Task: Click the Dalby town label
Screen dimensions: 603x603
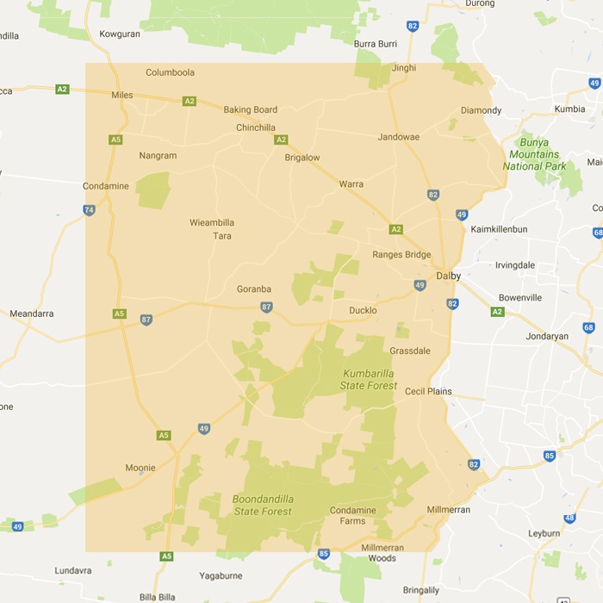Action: pyautogui.click(x=448, y=276)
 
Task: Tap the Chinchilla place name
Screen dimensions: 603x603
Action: pyautogui.click(x=255, y=127)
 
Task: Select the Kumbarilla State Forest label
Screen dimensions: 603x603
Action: pyautogui.click(x=369, y=379)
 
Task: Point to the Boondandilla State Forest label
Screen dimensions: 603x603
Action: pyautogui.click(x=263, y=505)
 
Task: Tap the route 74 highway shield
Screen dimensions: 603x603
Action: pyautogui.click(x=89, y=209)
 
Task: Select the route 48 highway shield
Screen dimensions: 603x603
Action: pyautogui.click(x=569, y=518)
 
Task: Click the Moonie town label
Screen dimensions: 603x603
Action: pyautogui.click(x=140, y=468)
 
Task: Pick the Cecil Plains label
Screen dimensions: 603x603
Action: pyautogui.click(x=428, y=390)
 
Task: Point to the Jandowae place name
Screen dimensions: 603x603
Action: pyautogui.click(x=398, y=137)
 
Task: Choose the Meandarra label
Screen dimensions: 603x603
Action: pyautogui.click(x=32, y=314)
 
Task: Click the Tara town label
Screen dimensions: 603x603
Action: pyautogui.click(x=222, y=235)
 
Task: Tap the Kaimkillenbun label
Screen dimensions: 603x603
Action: pyautogui.click(x=499, y=229)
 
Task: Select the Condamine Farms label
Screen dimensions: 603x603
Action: pyautogui.click(x=353, y=515)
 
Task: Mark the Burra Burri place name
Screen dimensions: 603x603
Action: pyautogui.click(x=376, y=43)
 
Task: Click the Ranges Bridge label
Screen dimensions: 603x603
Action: pyautogui.click(x=401, y=254)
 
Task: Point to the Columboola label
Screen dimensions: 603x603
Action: pyautogui.click(x=170, y=72)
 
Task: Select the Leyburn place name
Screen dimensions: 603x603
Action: pyautogui.click(x=544, y=533)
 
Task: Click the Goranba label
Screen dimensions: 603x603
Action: pyautogui.click(x=254, y=289)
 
